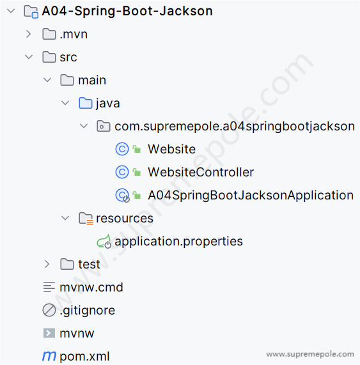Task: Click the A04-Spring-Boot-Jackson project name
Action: click(127, 11)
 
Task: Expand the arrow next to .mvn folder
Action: click(28, 34)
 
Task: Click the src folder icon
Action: click(49, 57)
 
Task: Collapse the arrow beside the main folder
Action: click(47, 80)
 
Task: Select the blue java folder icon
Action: click(86, 103)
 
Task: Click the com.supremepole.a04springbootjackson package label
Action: click(235, 127)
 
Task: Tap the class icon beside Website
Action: click(122, 149)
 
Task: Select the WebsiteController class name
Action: click(201, 172)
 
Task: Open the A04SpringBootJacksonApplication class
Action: click(251, 195)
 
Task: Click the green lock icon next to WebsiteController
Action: click(137, 172)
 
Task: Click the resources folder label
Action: click(125, 219)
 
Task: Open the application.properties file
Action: click(178, 242)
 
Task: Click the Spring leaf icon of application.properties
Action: click(104, 242)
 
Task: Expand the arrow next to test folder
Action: click(47, 264)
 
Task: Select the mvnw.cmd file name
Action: click(91, 287)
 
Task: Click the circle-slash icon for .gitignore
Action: click(49, 310)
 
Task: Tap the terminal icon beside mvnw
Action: click(49, 333)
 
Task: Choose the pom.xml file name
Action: click(84, 356)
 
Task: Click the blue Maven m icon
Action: click(49, 356)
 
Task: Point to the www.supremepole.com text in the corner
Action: click(310, 354)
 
